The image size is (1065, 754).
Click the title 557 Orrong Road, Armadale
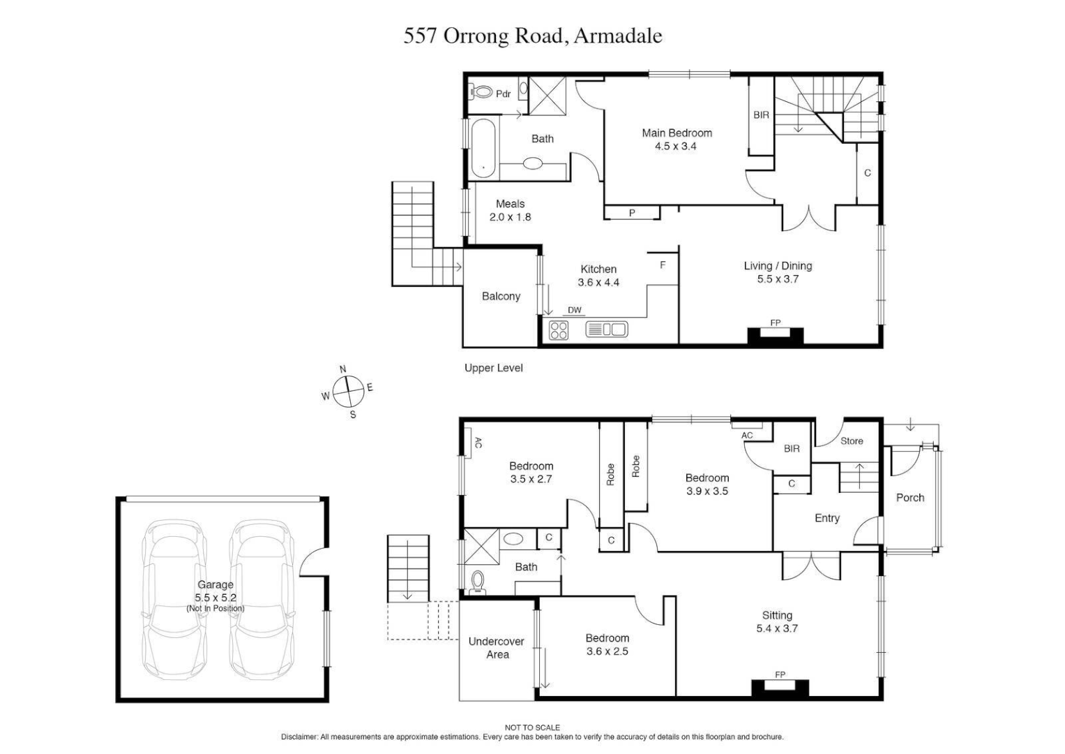532,36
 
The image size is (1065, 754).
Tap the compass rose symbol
347,392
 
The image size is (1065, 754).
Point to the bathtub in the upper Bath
483,149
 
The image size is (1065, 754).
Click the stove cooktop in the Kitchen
559,330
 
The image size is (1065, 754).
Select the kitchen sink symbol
607,329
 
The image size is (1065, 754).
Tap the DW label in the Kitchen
574,311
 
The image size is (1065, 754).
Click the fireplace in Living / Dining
775,335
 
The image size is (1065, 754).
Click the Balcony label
501,297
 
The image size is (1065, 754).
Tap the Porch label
909,498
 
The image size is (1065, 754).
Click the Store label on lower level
851,441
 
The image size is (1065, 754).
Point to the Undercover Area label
497,648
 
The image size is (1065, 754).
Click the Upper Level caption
493,368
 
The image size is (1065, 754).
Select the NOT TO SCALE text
532,727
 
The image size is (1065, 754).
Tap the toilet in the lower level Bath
478,582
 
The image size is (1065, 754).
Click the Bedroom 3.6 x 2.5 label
607,644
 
